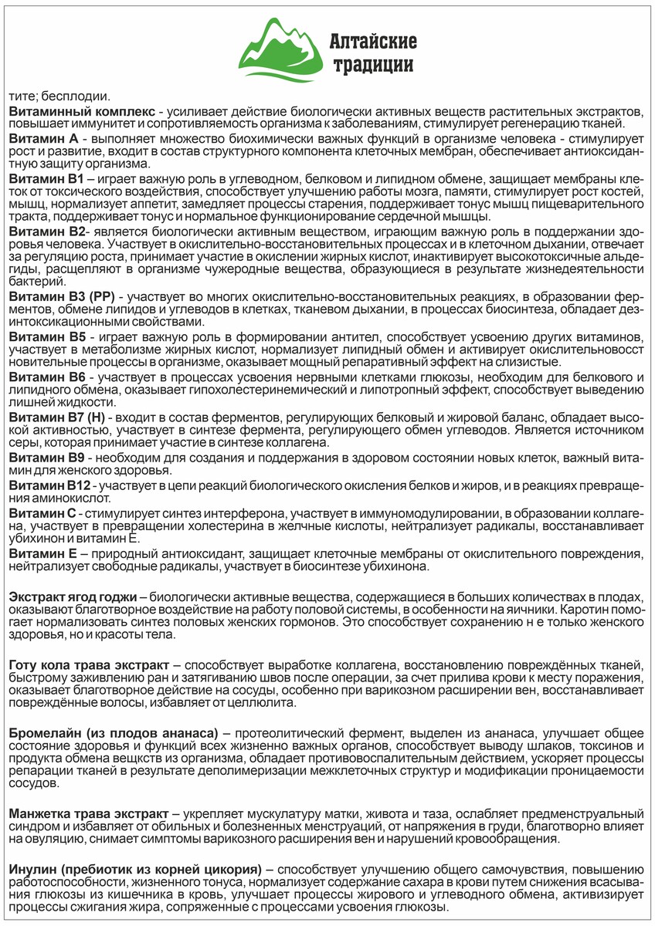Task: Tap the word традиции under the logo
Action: (373, 65)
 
